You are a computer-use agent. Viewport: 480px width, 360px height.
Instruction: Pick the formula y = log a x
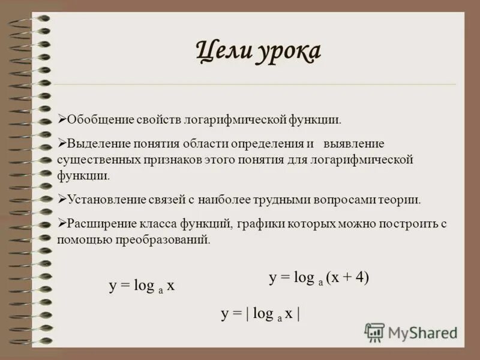coord(142,286)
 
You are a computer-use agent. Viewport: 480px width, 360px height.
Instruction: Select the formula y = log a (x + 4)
coord(319,277)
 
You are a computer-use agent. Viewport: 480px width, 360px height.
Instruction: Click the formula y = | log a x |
coord(260,313)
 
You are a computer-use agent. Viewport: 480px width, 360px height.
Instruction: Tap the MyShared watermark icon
coord(374,332)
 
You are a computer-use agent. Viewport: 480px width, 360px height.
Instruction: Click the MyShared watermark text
coord(422,332)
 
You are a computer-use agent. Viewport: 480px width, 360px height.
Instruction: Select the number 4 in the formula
coord(360,277)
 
